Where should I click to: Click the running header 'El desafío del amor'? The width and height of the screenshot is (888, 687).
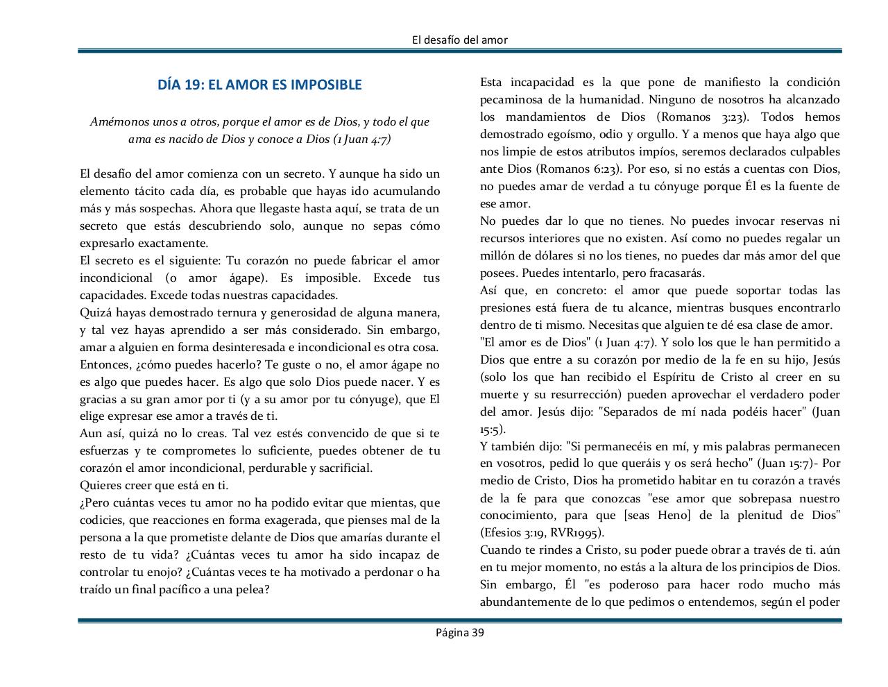point(459,40)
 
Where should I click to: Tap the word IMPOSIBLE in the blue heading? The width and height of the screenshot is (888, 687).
point(326,85)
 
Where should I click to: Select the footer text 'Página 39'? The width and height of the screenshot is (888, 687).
point(459,632)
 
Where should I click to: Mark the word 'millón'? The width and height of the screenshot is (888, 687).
point(498,255)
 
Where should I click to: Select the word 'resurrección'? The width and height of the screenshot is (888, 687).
point(577,394)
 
